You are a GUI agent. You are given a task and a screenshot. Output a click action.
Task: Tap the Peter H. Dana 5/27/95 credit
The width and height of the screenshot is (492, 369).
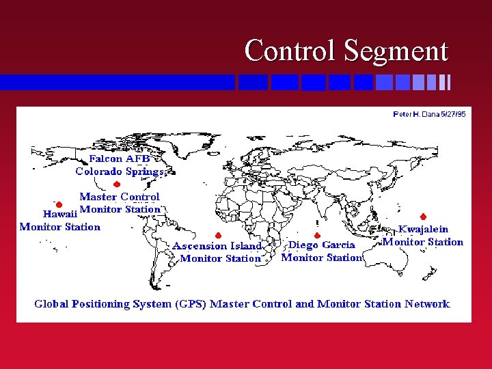(429, 114)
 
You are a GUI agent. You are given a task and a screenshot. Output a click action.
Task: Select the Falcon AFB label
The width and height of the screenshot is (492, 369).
(120, 159)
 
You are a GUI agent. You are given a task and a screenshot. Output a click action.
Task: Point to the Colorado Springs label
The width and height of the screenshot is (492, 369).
(120, 172)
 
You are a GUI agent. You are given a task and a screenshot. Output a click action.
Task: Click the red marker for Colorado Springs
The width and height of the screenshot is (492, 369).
(117, 184)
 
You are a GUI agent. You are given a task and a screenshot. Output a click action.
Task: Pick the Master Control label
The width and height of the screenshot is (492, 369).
(120, 197)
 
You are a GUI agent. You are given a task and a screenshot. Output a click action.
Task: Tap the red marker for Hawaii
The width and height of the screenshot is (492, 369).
(59, 204)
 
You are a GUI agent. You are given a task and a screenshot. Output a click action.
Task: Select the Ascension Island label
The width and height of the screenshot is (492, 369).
(217, 246)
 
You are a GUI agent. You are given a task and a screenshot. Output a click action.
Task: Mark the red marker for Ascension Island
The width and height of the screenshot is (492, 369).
(217, 236)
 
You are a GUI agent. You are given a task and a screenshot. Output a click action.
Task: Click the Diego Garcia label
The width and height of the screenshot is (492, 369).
(322, 245)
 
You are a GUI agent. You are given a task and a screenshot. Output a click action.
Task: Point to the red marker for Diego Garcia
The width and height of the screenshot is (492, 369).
(317, 236)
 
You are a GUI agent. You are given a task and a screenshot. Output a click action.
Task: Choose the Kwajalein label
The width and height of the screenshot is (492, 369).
(423, 230)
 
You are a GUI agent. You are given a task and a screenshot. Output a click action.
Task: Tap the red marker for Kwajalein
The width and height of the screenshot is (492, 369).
(423, 217)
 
